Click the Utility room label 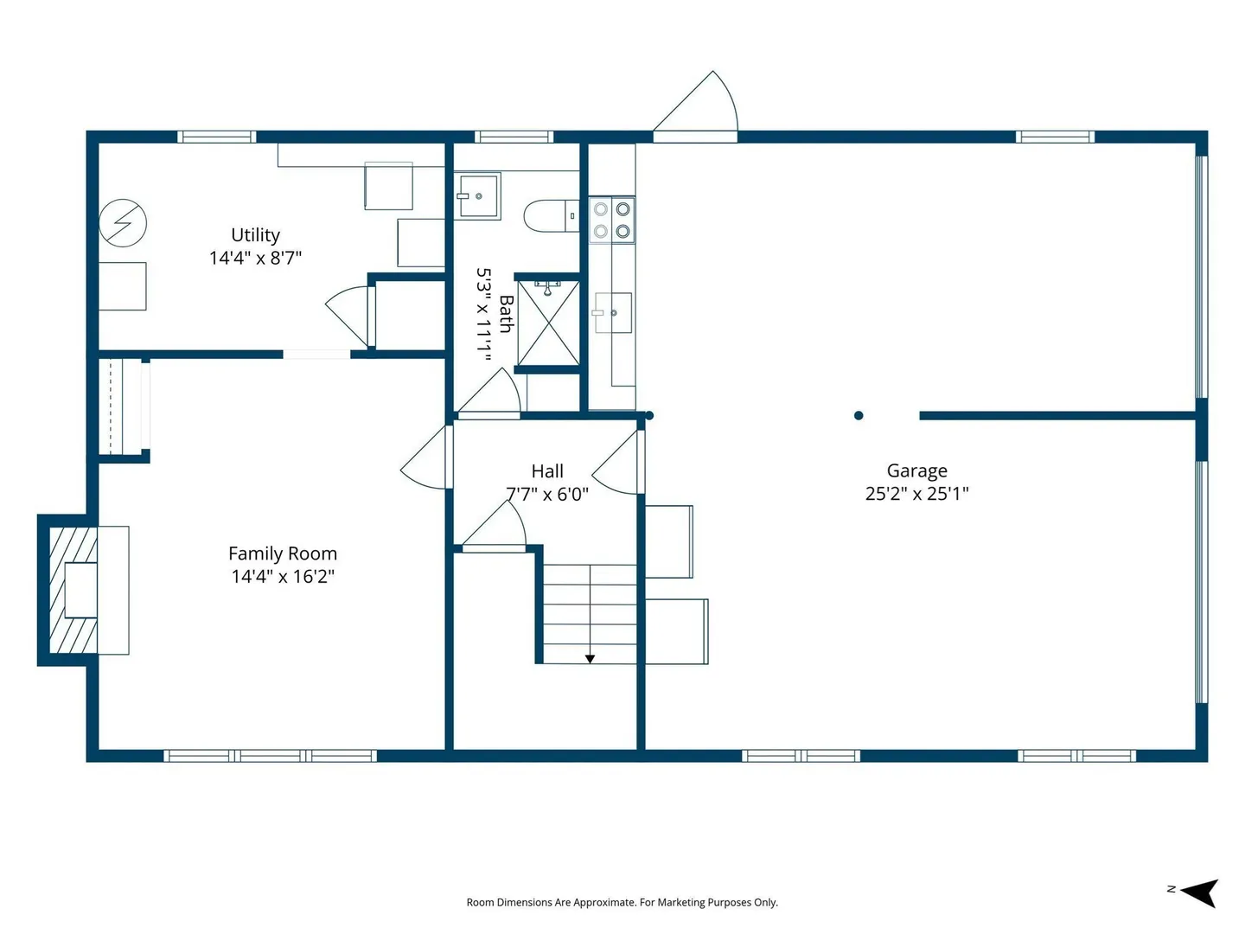pyautogui.click(x=255, y=234)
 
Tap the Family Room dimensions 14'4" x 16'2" pyautogui.click(x=283, y=576)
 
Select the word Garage pyautogui.click(x=916, y=471)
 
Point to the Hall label pyautogui.click(x=547, y=470)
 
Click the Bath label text pyautogui.click(x=506, y=314)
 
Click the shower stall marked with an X pyautogui.click(x=548, y=323)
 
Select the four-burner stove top pyautogui.click(x=612, y=220)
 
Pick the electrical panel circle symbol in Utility pyautogui.click(x=123, y=223)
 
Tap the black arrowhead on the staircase pyautogui.click(x=590, y=659)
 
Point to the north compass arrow pyautogui.click(x=1199, y=892)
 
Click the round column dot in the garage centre pyautogui.click(x=859, y=416)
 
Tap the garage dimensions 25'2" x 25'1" pyautogui.click(x=916, y=494)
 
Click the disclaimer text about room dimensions pyautogui.click(x=622, y=902)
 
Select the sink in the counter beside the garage pyautogui.click(x=613, y=312)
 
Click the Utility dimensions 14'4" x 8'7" pyautogui.click(x=255, y=258)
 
